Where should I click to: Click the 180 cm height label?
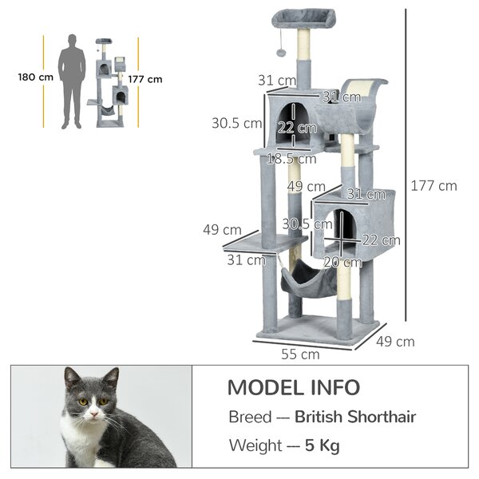pos(36,77)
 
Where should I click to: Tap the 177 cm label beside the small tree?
pos(145,79)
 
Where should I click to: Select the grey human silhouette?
pos(72,81)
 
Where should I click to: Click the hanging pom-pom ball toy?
pos(281,52)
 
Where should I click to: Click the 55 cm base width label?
pos(300,354)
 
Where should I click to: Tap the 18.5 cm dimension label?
pos(291,159)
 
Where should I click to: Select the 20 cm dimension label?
pos(342,262)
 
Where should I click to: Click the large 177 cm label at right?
pos(433,186)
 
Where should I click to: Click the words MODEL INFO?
pos(294,387)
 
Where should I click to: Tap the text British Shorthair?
pos(355,417)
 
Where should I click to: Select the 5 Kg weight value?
pos(323,445)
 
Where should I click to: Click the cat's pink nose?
pos(94,414)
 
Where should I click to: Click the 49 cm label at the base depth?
pos(395,342)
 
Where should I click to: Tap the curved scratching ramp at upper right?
pos(361,101)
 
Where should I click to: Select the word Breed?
pos(250,417)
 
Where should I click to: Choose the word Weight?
pos(255,445)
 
